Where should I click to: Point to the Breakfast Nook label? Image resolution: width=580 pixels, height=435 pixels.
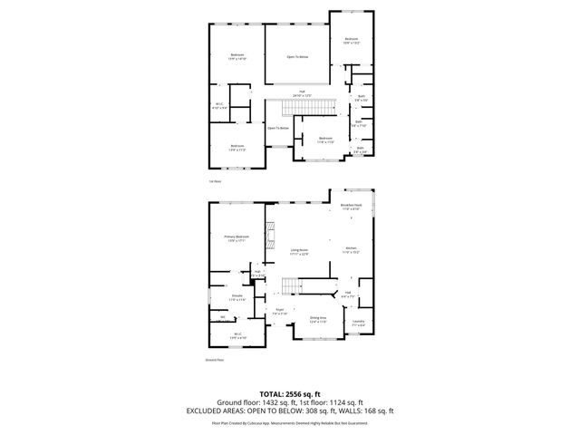351,207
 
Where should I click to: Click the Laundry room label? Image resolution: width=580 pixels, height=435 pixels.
359,322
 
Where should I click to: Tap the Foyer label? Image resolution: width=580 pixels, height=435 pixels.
282,311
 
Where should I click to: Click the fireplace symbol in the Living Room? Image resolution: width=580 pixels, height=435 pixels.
269,234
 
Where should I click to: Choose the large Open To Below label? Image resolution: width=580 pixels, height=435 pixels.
298,57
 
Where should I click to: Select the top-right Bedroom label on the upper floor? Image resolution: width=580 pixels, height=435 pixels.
351,39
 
